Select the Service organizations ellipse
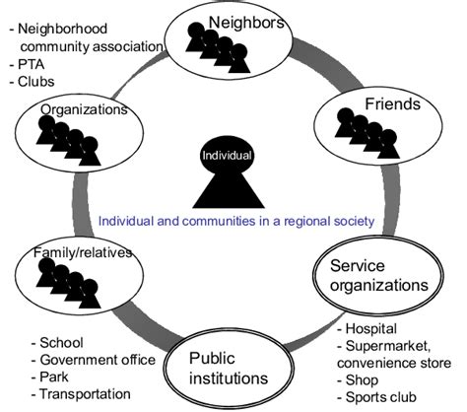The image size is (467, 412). point(379,276)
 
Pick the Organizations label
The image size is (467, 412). point(84,110)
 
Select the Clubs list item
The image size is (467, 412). point(36,83)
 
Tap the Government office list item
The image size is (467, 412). point(98,359)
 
